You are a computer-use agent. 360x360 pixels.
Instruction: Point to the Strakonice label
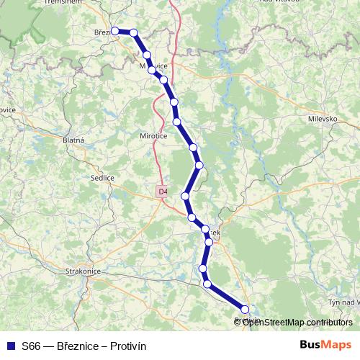[x=81, y=271]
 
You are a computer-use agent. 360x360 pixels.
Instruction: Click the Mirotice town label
[x=153, y=135]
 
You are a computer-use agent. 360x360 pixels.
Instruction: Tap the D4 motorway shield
[x=163, y=192]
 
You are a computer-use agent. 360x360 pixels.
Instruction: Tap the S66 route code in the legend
[x=31, y=346]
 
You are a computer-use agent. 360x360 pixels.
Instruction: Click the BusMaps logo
[x=325, y=345]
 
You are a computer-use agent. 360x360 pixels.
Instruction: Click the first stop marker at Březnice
[x=114, y=31]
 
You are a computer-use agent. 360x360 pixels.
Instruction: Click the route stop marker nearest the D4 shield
[x=185, y=196]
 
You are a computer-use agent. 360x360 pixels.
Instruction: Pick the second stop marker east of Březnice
[x=147, y=55]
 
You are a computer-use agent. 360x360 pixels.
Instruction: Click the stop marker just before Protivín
[x=207, y=284]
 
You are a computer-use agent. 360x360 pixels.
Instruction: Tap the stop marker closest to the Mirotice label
[x=176, y=122]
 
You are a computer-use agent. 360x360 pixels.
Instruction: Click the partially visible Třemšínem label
[x=60, y=3]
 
